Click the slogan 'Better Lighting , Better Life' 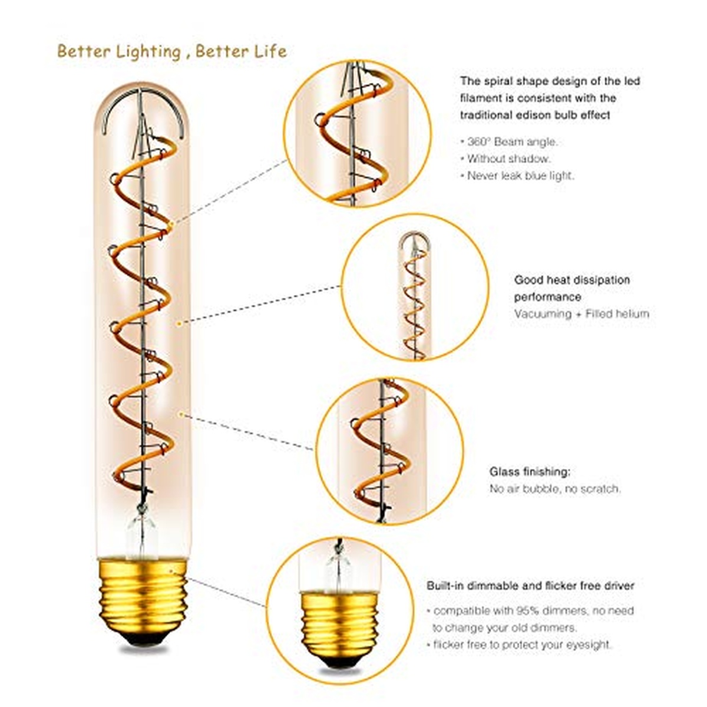[x=172, y=51]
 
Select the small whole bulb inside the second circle [x=415, y=295]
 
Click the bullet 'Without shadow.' [x=508, y=158]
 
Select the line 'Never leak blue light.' [x=520, y=176]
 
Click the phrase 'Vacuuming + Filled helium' [x=581, y=314]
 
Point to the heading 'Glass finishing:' [x=530, y=472]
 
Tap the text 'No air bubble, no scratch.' [x=555, y=489]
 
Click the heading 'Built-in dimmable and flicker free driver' [x=530, y=586]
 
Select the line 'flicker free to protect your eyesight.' [x=522, y=645]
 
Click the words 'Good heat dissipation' [x=571, y=280]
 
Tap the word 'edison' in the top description [x=534, y=115]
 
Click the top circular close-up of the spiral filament [x=357, y=133]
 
